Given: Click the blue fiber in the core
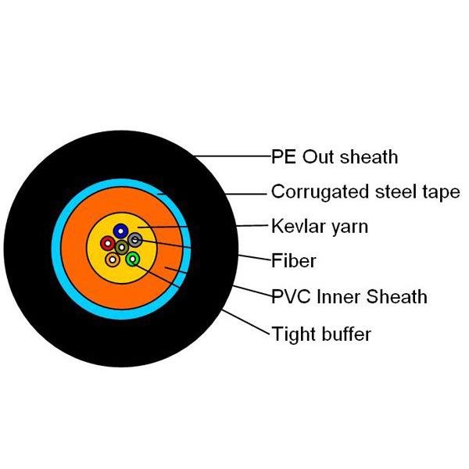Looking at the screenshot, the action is pyautogui.click(x=120, y=231).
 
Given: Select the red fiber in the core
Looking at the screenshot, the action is pyautogui.click(x=108, y=243).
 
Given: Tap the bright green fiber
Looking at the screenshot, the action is pyautogui.click(x=133, y=259).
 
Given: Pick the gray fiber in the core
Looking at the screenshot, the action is pyautogui.click(x=135, y=240).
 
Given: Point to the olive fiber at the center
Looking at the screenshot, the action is pyautogui.click(x=122, y=247).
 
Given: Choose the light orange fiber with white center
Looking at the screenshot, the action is pyautogui.click(x=113, y=260).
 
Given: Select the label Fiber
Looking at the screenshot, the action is pyautogui.click(x=294, y=261).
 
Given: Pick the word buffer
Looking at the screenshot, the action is pyautogui.click(x=346, y=334).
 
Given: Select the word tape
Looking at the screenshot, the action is pyautogui.click(x=441, y=192).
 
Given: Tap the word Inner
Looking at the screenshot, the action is pyautogui.click(x=338, y=297).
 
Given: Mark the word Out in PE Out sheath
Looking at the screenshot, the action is pyautogui.click(x=318, y=156).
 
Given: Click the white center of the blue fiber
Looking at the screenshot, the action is pyautogui.click(x=120, y=231).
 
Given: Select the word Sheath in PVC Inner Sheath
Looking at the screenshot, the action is pyautogui.click(x=396, y=297).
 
